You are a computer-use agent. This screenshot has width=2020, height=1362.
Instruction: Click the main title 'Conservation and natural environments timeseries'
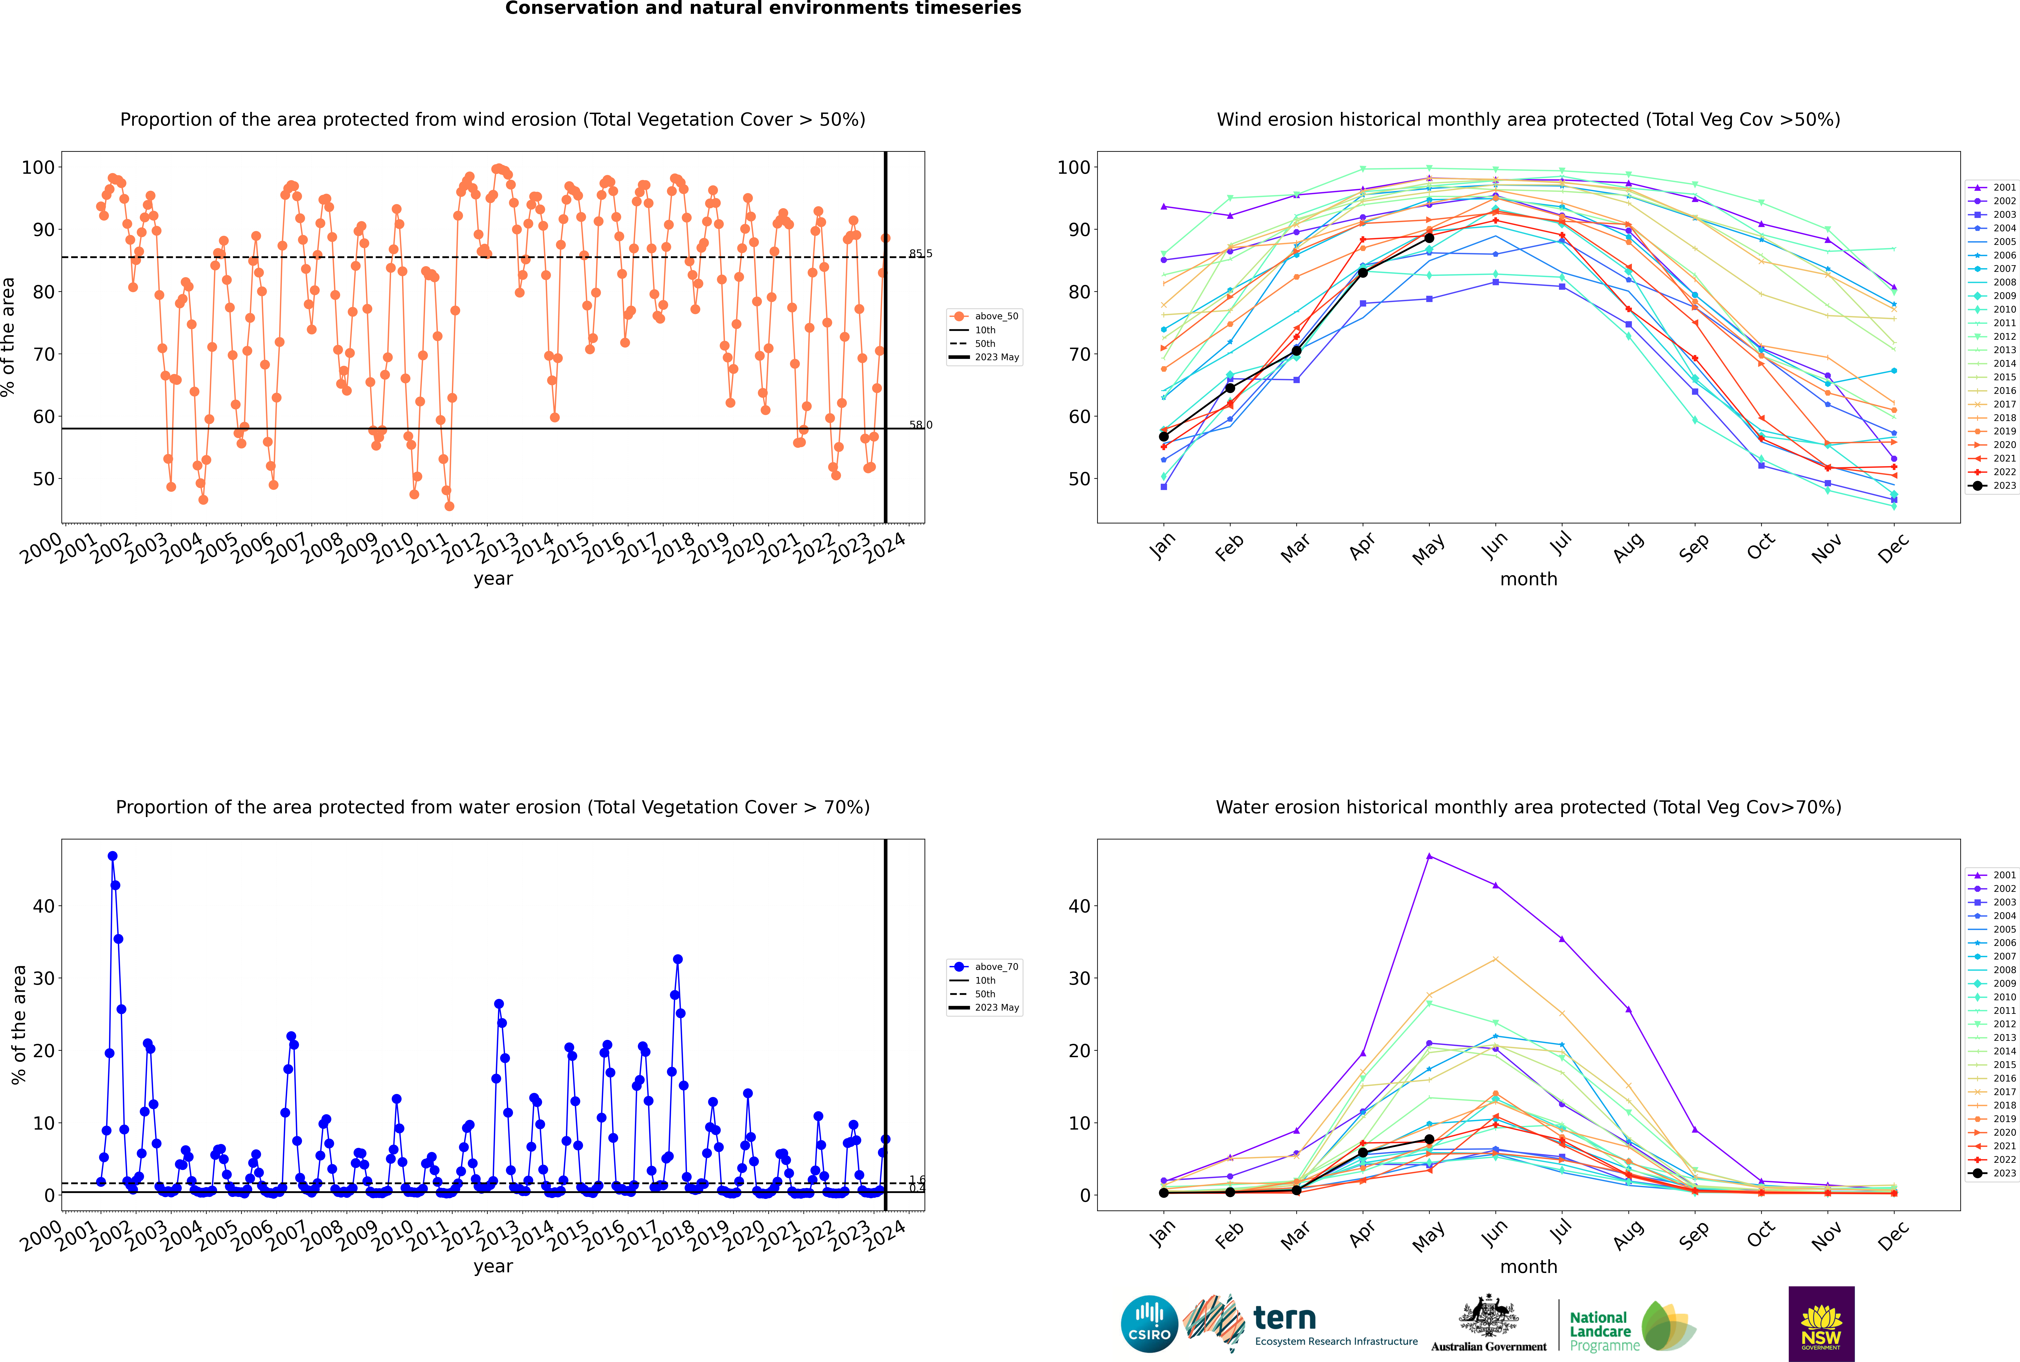click(x=762, y=9)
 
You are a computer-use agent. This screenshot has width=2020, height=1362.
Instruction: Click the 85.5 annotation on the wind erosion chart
click(x=920, y=254)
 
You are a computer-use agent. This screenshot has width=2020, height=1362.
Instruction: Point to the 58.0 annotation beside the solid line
click(x=920, y=425)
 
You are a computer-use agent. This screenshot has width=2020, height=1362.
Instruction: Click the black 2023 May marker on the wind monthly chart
click(x=1429, y=238)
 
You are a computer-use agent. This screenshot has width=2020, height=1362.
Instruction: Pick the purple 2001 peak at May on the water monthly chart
click(x=1429, y=856)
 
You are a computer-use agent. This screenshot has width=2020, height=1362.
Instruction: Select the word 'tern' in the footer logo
click(x=1284, y=1319)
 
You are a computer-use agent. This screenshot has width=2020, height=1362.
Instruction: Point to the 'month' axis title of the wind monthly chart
click(x=1528, y=579)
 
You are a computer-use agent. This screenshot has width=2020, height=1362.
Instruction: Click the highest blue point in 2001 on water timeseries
click(x=112, y=856)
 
